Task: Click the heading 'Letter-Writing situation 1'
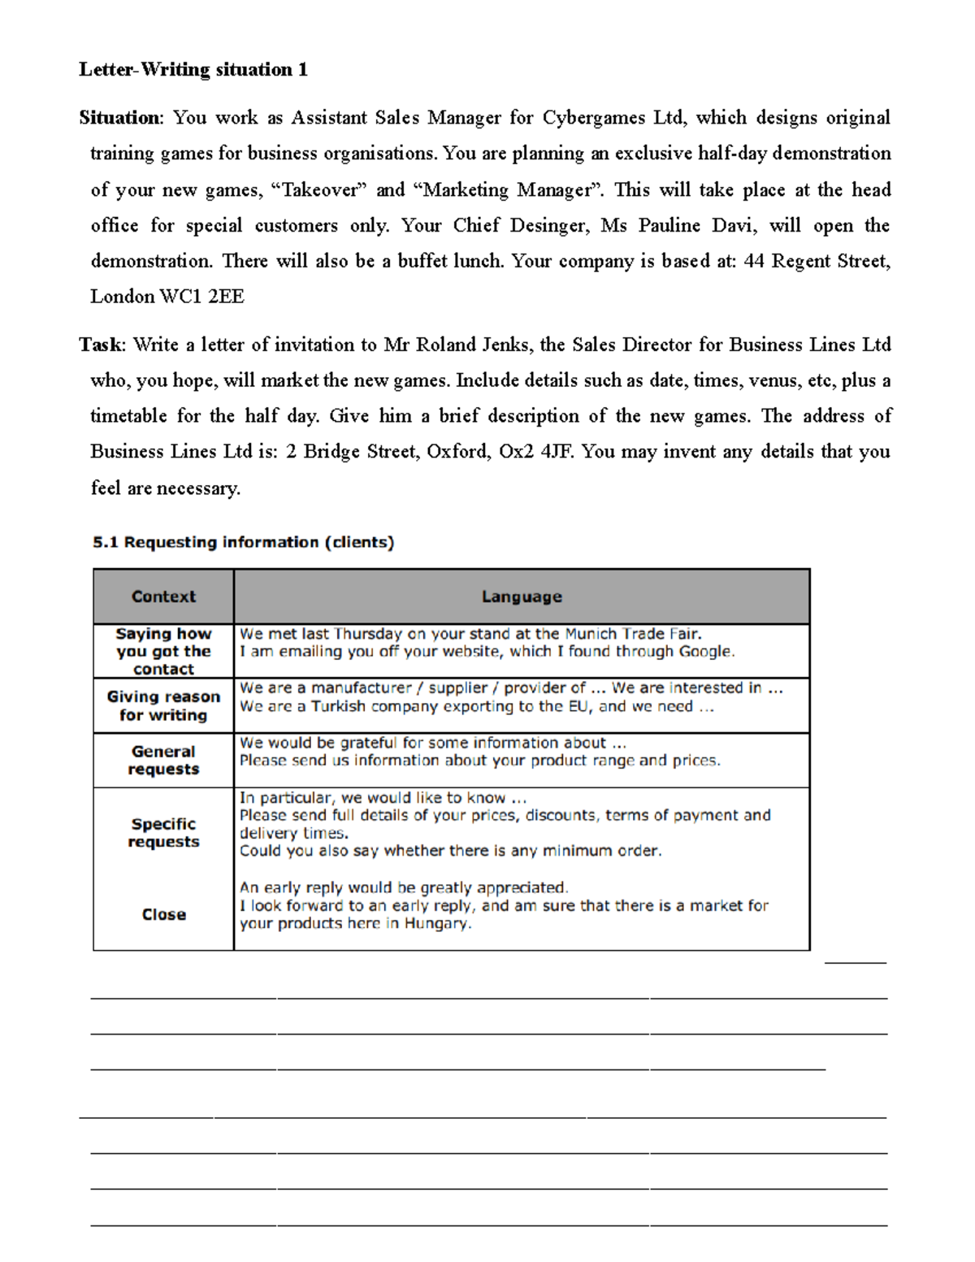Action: (x=193, y=70)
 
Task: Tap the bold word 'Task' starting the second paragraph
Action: (x=101, y=345)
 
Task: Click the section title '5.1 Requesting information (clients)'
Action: (x=243, y=542)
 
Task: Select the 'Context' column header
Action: (x=163, y=596)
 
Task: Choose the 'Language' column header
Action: (x=522, y=596)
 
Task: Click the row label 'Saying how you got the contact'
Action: (x=163, y=651)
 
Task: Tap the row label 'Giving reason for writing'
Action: (x=163, y=705)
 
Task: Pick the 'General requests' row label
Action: (x=163, y=760)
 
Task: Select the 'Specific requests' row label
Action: (x=163, y=833)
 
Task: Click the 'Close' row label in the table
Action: (x=163, y=914)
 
